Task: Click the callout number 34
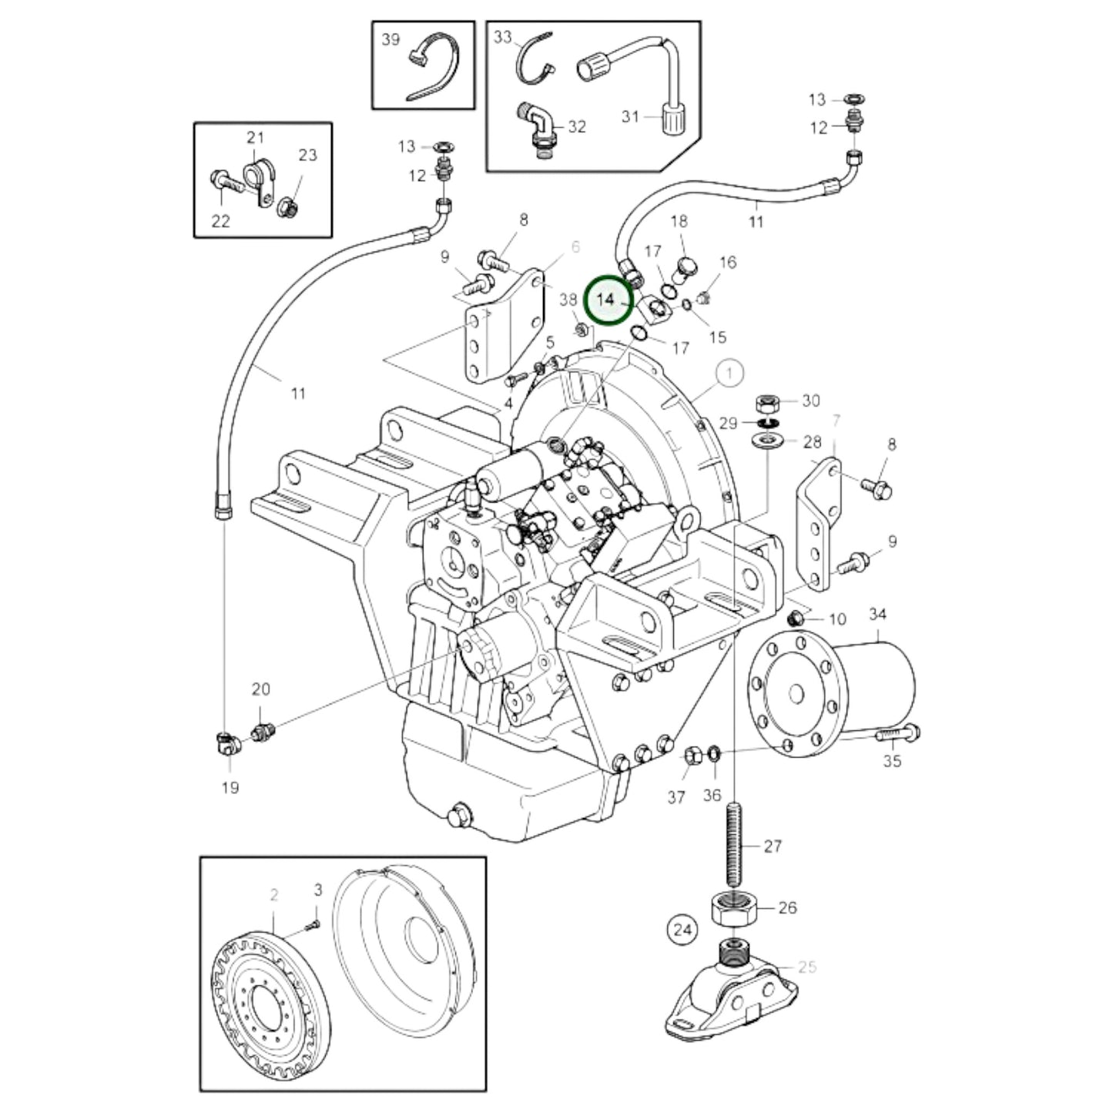877,614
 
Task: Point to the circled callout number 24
682,930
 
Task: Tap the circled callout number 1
729,374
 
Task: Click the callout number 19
230,787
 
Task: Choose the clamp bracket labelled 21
257,180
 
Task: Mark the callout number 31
631,116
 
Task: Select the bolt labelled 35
897,733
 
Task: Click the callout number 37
676,797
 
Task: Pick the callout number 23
307,155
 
